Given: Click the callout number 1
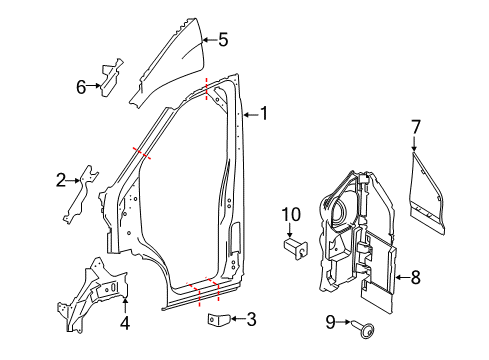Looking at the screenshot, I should (x=265, y=114).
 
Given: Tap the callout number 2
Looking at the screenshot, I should (x=61, y=181).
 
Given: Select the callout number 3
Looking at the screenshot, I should (x=251, y=320).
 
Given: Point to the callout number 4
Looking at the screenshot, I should (x=125, y=323).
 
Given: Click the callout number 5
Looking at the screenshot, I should (x=223, y=41).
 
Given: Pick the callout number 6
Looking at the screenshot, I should (x=81, y=86).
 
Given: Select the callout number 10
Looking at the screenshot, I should (x=290, y=213).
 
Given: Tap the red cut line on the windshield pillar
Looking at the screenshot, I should (x=140, y=153).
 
